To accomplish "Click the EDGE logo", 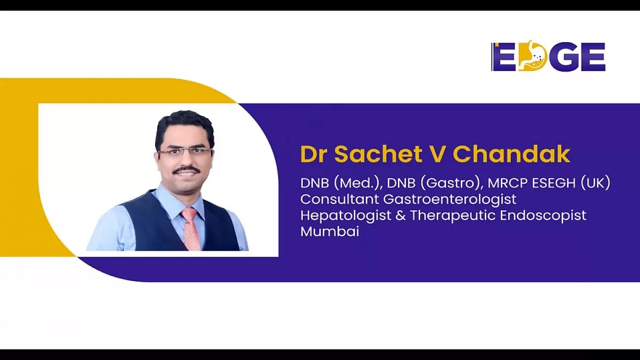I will pyautogui.click(x=548, y=57).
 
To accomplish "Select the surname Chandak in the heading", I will pyautogui.click(x=511, y=154).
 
